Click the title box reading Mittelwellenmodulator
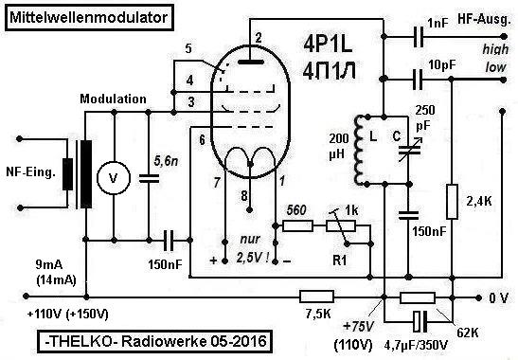89,17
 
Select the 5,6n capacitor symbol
149,178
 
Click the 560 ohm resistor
297,226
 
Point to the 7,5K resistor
316,297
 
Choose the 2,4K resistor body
452,202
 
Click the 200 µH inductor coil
359,151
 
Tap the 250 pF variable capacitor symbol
409,151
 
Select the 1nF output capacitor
419,36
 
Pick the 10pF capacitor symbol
418,80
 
